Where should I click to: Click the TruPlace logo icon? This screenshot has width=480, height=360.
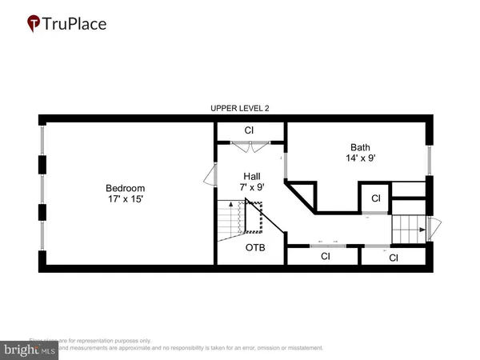click(34, 24)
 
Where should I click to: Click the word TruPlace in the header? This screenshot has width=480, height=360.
click(77, 24)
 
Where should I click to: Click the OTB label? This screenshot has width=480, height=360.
click(254, 247)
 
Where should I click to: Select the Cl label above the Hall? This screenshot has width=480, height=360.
click(249, 130)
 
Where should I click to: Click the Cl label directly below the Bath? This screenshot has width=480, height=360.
click(374, 198)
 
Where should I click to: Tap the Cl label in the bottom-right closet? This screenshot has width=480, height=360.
click(394, 258)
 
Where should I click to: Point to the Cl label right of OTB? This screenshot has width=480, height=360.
click(326, 257)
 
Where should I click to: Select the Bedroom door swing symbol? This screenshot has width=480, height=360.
click(210, 174)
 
